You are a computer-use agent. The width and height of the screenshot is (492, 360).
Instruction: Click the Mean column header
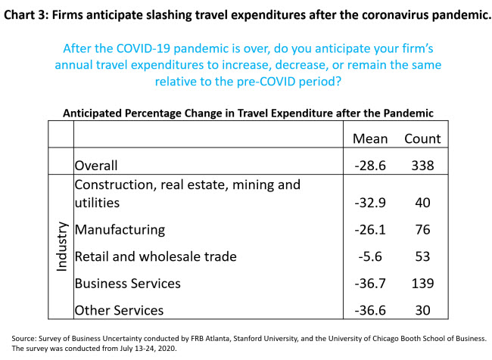tap(370, 138)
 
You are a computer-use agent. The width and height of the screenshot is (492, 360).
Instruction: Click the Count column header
tap(422, 138)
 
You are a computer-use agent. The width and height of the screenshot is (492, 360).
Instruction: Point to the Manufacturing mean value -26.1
tap(370, 228)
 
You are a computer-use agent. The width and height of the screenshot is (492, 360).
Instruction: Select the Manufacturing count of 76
tap(422, 228)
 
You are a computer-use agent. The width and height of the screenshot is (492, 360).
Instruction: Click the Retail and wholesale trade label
tap(155, 256)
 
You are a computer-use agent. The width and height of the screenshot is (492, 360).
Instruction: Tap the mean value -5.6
tap(370, 256)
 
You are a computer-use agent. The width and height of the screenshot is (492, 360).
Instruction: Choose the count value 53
tap(422, 256)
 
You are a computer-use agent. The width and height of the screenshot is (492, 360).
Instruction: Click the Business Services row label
tap(127, 283)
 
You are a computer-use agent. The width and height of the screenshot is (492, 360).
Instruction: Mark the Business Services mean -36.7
tap(370, 283)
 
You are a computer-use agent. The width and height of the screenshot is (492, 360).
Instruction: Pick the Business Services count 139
tap(422, 283)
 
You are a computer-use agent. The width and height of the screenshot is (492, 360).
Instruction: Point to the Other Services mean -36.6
tap(370, 310)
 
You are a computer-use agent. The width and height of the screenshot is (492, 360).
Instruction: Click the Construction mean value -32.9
tap(370, 201)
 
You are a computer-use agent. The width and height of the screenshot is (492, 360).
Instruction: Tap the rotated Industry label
tap(61, 247)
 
